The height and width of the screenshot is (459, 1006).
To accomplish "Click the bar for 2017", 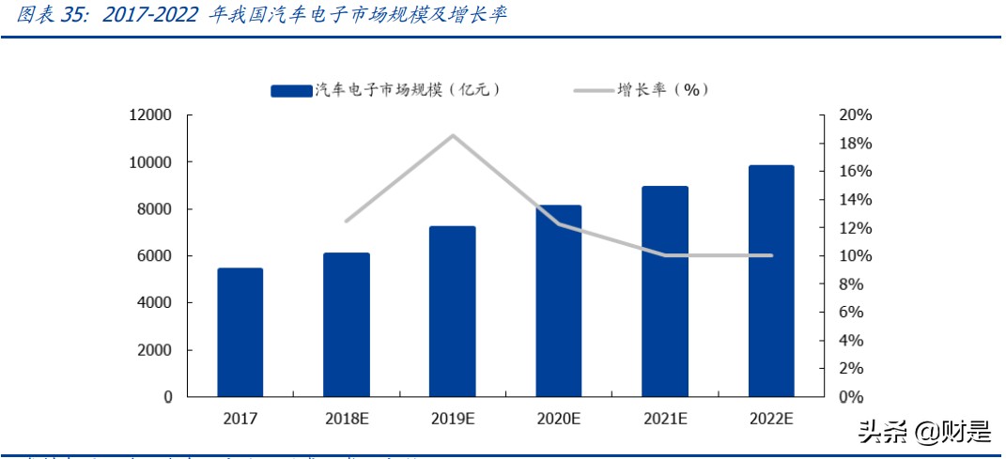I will tap(240, 332).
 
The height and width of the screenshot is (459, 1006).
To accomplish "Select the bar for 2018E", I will tap(347, 325).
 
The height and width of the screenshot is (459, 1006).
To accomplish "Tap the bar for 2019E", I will tap(453, 312).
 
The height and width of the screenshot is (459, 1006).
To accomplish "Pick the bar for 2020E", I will tap(559, 300).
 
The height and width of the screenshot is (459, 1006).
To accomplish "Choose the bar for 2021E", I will tap(665, 291).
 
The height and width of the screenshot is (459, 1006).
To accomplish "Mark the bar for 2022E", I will tap(771, 281).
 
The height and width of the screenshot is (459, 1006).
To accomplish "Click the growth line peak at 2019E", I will tap(453, 135).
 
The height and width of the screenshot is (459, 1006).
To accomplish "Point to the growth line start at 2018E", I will tap(347, 222).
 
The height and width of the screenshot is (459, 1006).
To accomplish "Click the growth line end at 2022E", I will tap(771, 255).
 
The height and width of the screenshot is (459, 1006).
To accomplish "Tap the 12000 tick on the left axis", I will tap(151, 115).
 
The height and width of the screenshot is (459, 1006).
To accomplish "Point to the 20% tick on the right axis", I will tap(855, 115).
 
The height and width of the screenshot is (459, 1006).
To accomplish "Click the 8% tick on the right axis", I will tap(851, 284).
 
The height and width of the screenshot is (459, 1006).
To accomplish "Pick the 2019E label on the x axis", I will tap(453, 419).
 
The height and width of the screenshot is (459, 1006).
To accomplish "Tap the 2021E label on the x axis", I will tap(665, 419).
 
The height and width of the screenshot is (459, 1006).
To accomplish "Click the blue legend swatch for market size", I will tap(291, 90).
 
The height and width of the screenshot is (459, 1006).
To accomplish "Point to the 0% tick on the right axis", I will tap(851, 397).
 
